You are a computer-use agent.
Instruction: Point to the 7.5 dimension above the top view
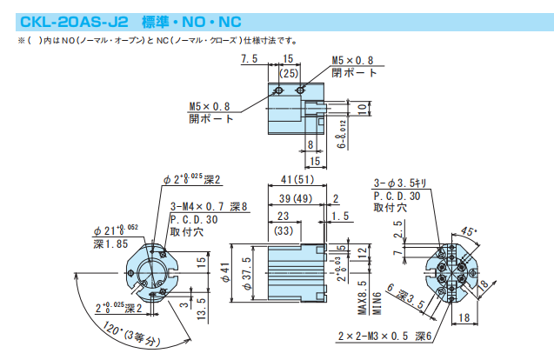250,59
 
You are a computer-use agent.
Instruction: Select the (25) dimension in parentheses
289,74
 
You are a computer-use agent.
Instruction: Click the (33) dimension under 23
284,232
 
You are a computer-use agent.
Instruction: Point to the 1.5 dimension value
340,216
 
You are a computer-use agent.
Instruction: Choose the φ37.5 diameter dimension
247,273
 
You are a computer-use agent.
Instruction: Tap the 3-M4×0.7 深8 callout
209,207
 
